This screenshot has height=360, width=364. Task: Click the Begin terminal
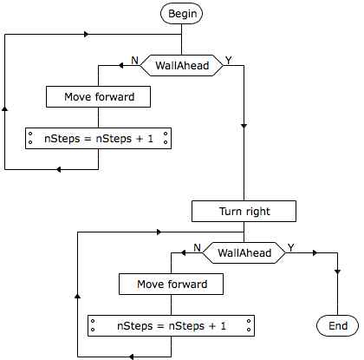tap(181, 13)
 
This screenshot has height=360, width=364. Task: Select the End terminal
tap(337, 326)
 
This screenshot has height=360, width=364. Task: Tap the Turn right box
tap(244, 212)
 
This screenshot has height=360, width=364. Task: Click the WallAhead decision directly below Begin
tap(182, 65)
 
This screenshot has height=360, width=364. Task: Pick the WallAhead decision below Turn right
tap(244, 252)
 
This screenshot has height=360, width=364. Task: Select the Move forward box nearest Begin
tap(98, 96)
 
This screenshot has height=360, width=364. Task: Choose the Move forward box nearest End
tap(171, 284)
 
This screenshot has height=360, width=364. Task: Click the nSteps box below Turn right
tap(171, 325)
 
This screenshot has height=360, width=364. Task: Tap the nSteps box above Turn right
tap(98, 138)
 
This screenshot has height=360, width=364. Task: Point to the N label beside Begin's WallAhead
tap(134, 61)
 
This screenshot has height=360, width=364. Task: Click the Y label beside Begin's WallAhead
tap(229, 61)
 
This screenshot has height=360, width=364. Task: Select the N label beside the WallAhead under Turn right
tap(197, 248)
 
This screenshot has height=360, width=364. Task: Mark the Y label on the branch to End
tap(291, 248)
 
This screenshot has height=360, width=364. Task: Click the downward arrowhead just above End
tap(337, 272)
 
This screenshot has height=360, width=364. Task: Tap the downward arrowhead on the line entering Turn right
tap(244, 126)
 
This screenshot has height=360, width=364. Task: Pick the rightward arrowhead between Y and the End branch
tap(315, 253)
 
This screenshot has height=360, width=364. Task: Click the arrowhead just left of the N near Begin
tap(120, 66)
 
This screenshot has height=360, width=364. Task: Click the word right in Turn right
tap(258, 212)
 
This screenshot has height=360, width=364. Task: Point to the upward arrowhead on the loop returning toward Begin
tap(4, 108)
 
